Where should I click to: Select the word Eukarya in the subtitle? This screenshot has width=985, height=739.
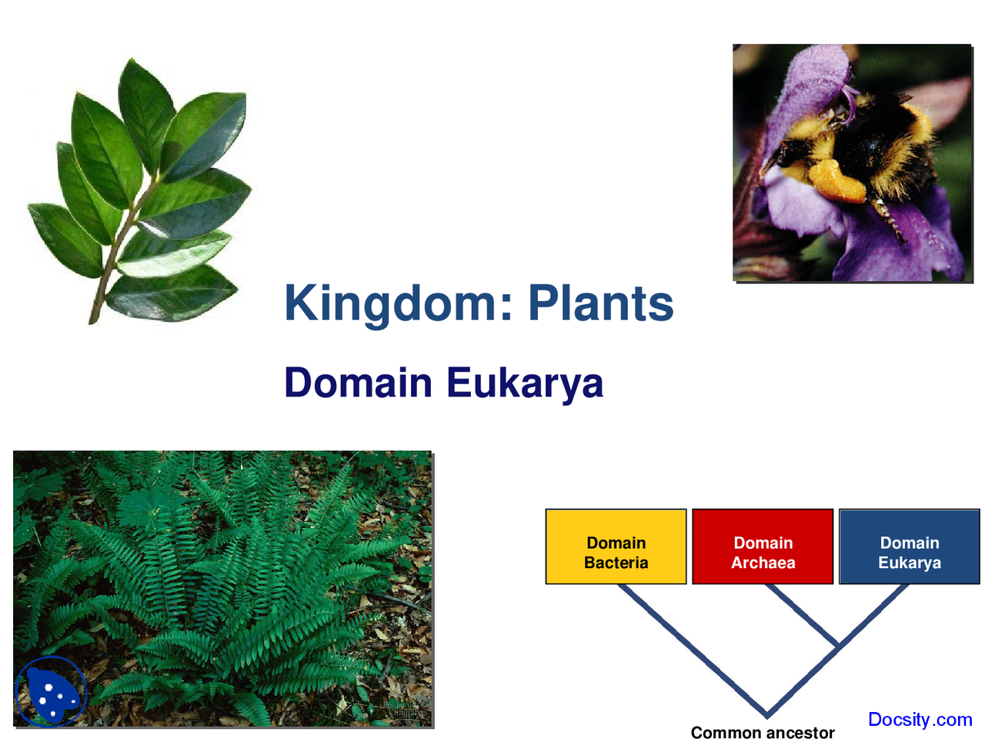pos(525,383)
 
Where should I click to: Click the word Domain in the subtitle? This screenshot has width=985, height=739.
pos(358,383)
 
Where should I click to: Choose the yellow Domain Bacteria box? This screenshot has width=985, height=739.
pos(616,547)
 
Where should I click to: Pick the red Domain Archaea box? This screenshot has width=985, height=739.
pos(763,547)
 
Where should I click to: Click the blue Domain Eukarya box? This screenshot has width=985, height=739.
pos(909,547)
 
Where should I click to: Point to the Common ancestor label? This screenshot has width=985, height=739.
pos(762,732)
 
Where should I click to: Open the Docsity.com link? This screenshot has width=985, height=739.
pos(920,720)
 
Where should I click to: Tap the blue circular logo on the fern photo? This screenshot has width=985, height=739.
pos(51,691)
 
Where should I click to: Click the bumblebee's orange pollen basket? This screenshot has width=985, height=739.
pos(835,181)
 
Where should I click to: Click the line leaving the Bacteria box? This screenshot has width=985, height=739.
pos(677,639)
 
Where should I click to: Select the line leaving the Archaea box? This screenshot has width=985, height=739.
pos(800,614)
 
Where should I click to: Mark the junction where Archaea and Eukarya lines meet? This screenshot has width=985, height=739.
pos(837,647)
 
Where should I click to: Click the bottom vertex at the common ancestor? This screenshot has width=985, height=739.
pos(766,714)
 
